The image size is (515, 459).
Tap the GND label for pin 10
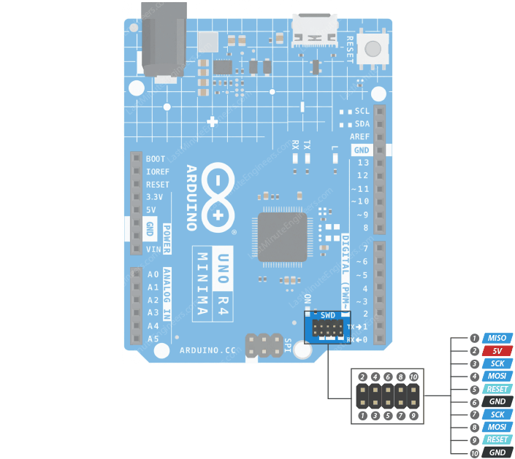click(x=497, y=452)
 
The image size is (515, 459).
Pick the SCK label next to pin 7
click(x=497, y=414)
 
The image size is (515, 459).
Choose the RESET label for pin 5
click(x=497, y=389)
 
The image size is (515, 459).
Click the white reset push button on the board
click(x=373, y=50)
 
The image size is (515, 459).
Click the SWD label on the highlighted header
click(x=328, y=315)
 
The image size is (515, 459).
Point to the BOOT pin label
click(x=156, y=158)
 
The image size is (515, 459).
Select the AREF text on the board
click(x=360, y=136)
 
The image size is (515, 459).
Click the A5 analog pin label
click(x=153, y=339)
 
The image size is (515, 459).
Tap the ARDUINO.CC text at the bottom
click(x=208, y=351)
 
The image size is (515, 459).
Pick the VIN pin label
click(x=153, y=249)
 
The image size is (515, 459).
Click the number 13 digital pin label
click(x=362, y=163)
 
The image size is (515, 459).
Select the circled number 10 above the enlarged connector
click(x=413, y=376)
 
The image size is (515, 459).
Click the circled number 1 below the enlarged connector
click(x=362, y=416)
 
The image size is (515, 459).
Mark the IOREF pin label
click(x=158, y=171)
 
